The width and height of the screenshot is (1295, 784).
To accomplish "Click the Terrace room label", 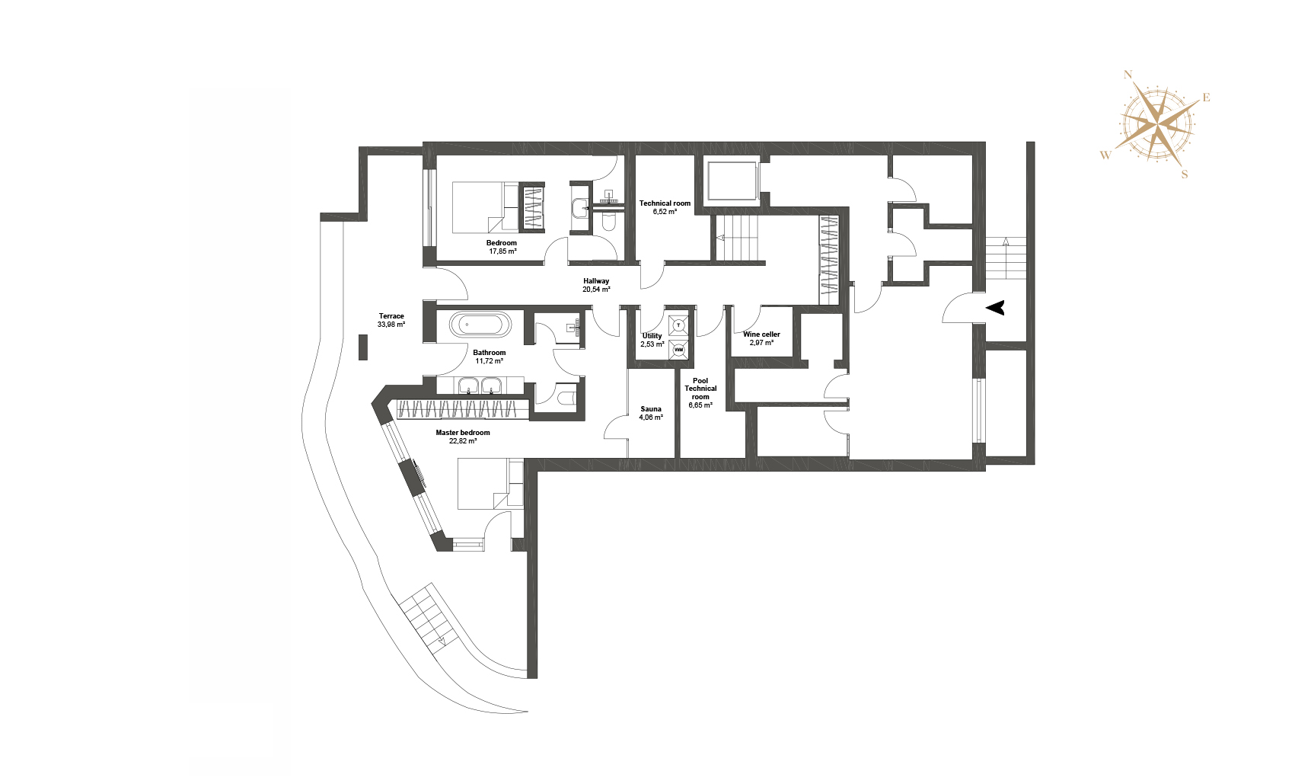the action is pos(391,316).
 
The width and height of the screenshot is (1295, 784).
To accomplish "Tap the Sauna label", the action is pos(651,409).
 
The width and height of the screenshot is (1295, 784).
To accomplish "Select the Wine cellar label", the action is pos(761,334).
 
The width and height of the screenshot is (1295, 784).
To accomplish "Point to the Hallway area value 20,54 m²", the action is pos(596,290).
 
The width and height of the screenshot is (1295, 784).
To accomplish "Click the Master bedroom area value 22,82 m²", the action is pos(463,441).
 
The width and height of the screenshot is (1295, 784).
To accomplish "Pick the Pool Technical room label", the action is pos(700,389).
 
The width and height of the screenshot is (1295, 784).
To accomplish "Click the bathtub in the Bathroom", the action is pos(480,325).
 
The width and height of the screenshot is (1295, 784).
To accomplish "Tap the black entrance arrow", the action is pos(995,308).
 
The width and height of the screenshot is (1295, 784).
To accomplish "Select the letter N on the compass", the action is pos(1128,75).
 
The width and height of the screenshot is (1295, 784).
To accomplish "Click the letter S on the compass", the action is pos(1185,174).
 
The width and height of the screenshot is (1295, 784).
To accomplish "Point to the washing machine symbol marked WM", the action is pos(679,350).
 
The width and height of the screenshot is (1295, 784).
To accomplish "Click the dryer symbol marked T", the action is pos(679,326).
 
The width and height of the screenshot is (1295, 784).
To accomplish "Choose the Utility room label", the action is pos(652,336).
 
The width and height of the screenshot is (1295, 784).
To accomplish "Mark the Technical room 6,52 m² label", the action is pos(665,208).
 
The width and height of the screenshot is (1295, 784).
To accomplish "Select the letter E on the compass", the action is pos(1206,98).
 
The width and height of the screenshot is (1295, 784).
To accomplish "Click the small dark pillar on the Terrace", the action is pos(363,347).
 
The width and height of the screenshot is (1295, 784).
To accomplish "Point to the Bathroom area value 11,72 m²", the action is pos(489,361).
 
